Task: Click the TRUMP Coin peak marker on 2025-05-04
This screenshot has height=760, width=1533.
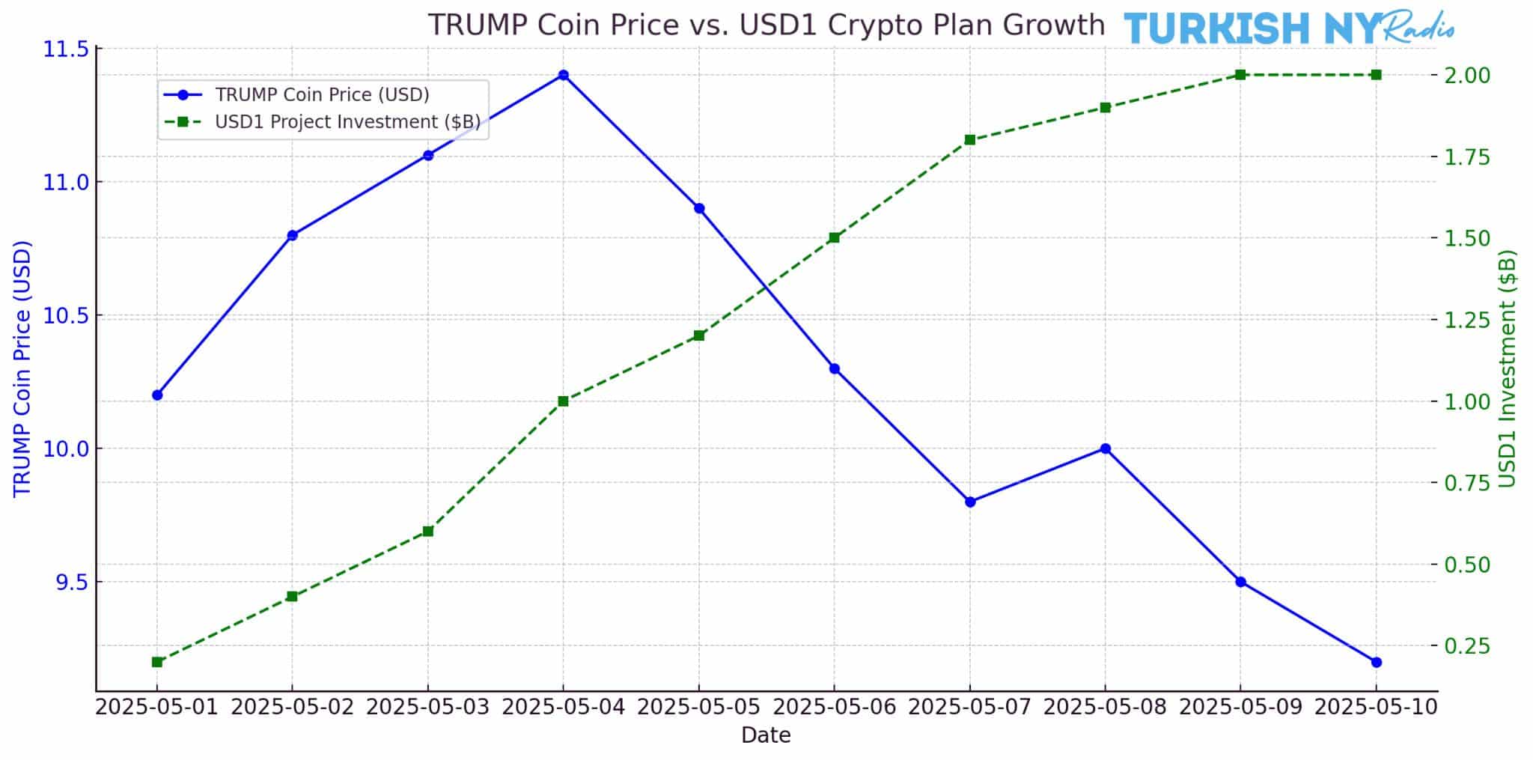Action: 563,75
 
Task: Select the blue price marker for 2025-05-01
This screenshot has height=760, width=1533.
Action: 157,395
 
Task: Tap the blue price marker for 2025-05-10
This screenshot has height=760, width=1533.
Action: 1376,662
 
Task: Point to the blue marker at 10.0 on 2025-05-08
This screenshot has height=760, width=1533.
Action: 1105,449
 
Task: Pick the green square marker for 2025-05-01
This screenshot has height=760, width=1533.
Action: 157,662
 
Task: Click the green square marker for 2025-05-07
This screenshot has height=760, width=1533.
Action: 969,140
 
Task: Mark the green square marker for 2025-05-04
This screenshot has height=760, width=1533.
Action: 563,401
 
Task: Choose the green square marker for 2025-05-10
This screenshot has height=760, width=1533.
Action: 1376,75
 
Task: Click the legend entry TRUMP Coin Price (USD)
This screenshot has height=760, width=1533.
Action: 322,95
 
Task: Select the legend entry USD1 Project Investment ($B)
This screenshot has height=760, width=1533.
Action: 347,121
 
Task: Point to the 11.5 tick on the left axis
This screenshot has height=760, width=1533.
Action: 66,49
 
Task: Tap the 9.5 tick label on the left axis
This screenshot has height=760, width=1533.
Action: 71,583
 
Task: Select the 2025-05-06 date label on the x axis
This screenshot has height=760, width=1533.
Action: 834,708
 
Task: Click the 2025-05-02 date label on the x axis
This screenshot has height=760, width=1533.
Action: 292,708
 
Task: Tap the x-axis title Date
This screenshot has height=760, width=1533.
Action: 765,736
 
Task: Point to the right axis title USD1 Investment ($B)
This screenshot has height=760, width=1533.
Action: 1508,368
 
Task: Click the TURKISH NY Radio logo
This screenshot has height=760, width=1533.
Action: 1287,28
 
